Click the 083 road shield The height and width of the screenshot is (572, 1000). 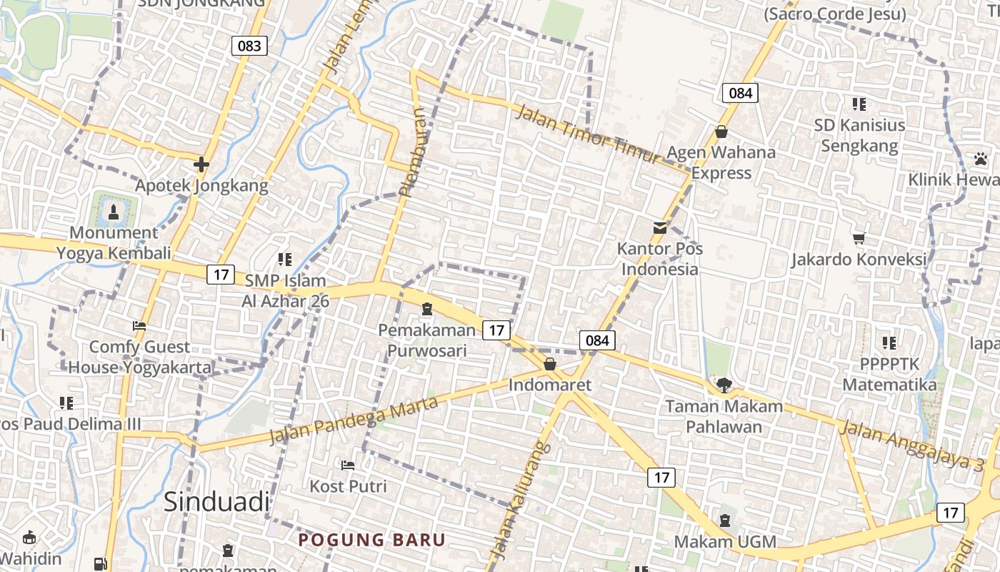tap(249, 46)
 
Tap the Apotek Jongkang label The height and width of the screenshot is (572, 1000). tap(201, 186)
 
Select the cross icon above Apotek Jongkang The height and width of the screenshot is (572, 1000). tap(201, 164)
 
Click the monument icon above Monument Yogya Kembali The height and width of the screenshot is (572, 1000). tap(114, 211)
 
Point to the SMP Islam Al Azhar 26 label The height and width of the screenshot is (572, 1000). tap(285, 290)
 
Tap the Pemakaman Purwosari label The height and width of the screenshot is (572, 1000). tap(427, 340)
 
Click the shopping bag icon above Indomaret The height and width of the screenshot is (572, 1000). tap(550, 364)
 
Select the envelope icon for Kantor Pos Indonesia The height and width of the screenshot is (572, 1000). tap(660, 228)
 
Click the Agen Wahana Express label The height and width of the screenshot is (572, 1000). tap(721, 162)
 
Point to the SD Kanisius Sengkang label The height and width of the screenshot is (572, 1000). tap(859, 135)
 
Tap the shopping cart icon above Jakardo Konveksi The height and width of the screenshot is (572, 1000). tap(859, 237)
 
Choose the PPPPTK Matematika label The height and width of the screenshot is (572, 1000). tap(889, 375)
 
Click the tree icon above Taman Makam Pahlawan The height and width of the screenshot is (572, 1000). tap(724, 385)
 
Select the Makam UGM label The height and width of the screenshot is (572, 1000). tap(725, 541)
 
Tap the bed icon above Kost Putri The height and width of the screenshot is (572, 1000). tap(348, 465)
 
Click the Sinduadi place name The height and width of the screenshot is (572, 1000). tap(217, 501)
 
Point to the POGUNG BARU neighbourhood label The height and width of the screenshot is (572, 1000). tap(371, 540)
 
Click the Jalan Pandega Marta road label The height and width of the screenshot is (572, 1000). tap(353, 421)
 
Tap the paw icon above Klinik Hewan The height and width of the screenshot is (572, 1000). tap(980, 158)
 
